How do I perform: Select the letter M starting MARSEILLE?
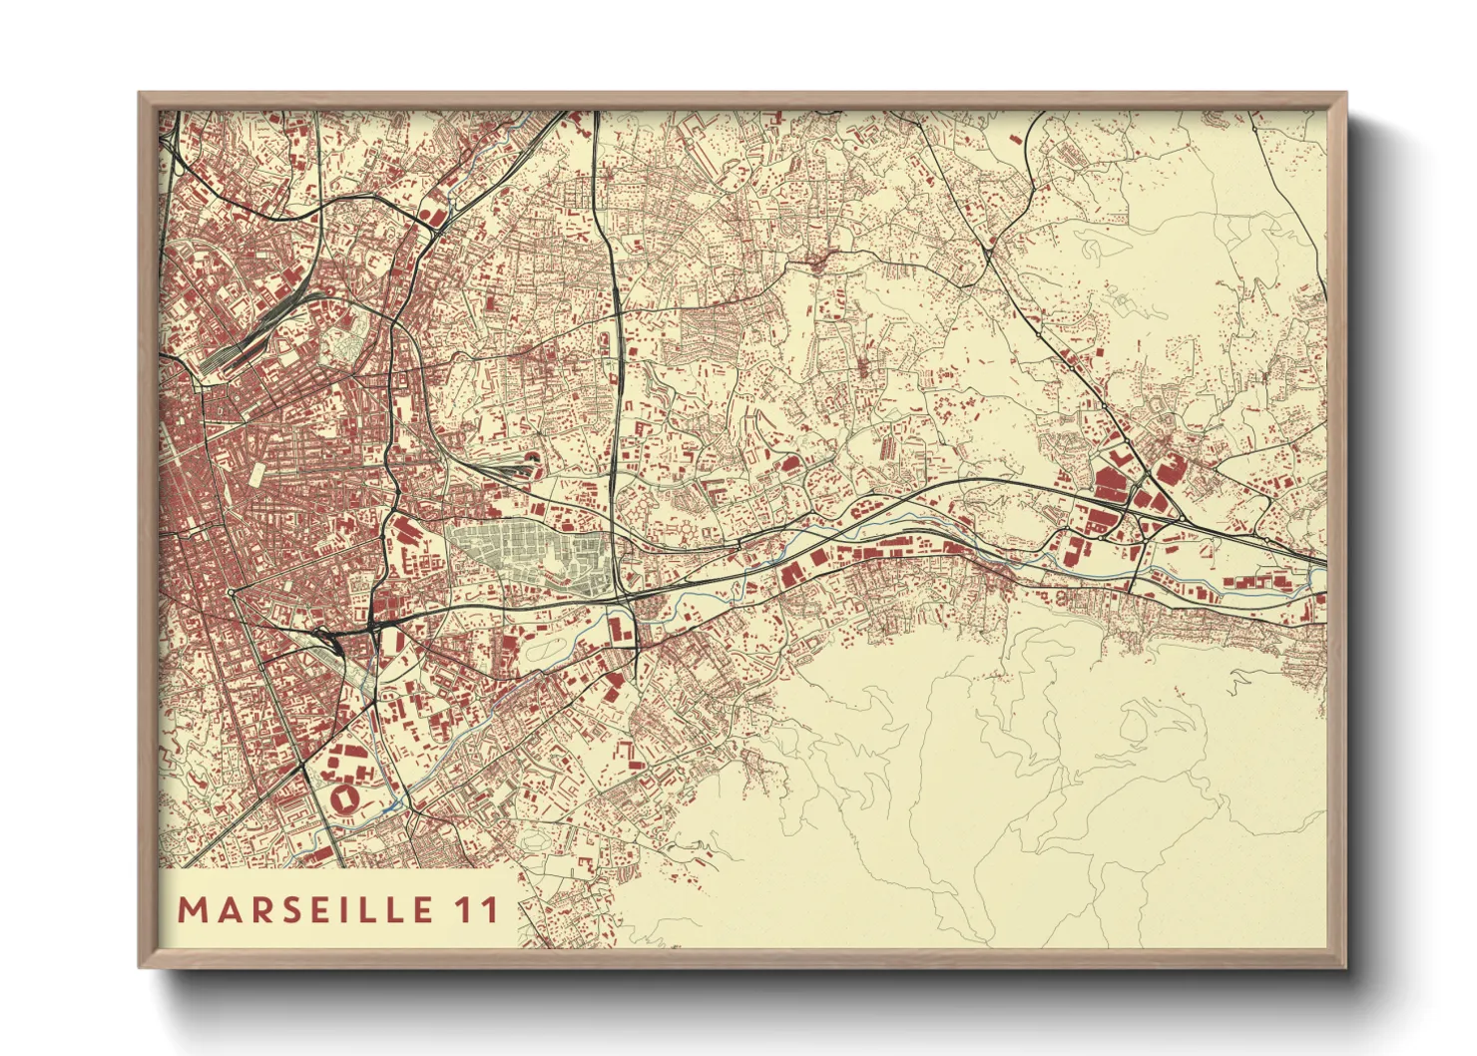pos(191,910)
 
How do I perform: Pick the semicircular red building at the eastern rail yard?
pos(531,459)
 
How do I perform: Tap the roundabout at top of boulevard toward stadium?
pos(231,592)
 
